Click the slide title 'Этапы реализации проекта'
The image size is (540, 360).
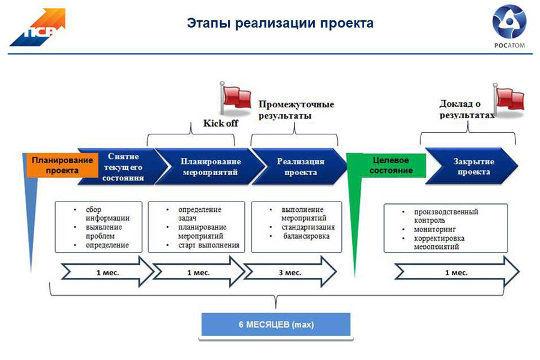[x=280, y=23]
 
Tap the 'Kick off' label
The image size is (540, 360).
[x=220, y=124]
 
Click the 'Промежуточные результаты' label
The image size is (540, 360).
[x=295, y=110]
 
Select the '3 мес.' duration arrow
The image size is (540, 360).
[x=290, y=272]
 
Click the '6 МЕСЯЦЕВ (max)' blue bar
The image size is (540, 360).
[x=275, y=325]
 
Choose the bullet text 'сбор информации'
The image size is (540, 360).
[x=107, y=214]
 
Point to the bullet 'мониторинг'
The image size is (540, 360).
[x=434, y=229]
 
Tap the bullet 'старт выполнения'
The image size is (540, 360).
[x=208, y=245]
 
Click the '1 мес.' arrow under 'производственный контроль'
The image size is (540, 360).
[x=456, y=272]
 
